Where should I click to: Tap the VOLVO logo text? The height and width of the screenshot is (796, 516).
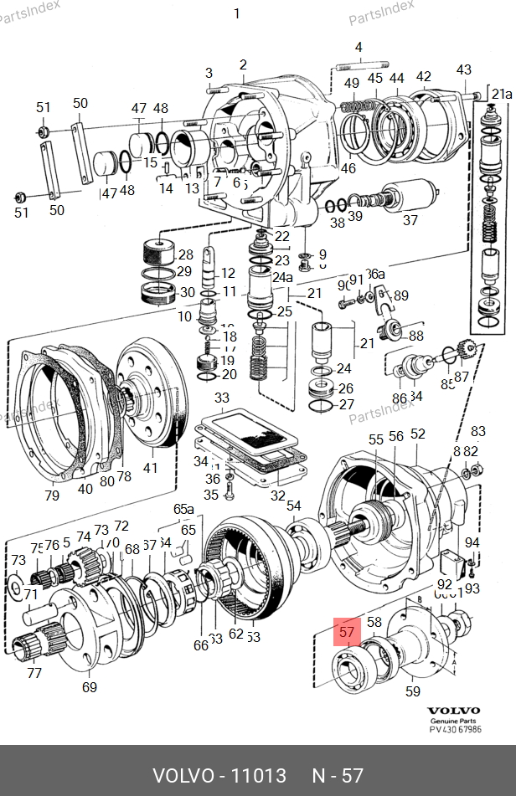click(x=453, y=710)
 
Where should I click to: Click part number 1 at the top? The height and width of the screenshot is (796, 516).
click(x=236, y=13)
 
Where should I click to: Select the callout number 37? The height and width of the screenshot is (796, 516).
click(x=410, y=221)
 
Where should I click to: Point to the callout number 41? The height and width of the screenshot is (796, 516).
click(x=150, y=468)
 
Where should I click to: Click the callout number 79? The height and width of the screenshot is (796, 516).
click(x=52, y=496)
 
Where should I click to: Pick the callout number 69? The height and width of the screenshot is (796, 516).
click(x=90, y=687)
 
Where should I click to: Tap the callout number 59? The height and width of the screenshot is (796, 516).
click(x=413, y=691)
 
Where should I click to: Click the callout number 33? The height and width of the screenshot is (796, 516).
click(x=221, y=397)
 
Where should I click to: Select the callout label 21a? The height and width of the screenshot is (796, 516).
click(x=502, y=93)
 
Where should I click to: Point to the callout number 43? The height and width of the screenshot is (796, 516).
click(x=464, y=69)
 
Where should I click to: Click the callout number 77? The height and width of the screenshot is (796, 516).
click(x=34, y=672)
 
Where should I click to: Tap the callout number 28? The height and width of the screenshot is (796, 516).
click(x=185, y=254)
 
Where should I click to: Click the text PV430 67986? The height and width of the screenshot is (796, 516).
click(x=454, y=731)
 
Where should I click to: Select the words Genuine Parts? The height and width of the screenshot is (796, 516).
click(x=453, y=721)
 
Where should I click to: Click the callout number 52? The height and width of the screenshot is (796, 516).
click(x=418, y=434)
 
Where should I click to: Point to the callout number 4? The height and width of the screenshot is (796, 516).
click(x=359, y=48)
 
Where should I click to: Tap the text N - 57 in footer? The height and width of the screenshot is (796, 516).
click(x=338, y=775)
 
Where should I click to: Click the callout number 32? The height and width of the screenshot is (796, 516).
click(x=277, y=496)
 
